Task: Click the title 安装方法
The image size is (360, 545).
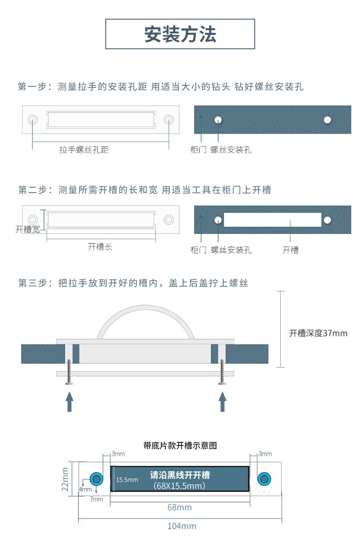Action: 180,34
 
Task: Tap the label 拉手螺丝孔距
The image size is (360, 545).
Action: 84,150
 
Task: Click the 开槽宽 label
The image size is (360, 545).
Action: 27,229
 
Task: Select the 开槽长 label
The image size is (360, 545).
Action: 100,247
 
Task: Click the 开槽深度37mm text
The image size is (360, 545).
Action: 318,333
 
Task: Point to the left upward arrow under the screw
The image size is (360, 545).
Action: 69,402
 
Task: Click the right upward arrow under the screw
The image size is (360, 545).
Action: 222,402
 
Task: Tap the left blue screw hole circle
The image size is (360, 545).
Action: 96,478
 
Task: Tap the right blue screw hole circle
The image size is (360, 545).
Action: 264,478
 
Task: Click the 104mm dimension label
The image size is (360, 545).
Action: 181,526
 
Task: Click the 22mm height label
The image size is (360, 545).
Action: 65,479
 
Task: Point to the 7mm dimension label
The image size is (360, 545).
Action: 96,499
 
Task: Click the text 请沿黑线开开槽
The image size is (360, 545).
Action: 180,475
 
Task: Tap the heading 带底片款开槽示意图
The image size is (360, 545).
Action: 180,445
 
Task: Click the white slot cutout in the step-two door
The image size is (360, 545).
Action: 272,219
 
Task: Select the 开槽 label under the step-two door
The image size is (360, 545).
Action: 290,250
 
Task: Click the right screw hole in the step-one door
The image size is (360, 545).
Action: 327,119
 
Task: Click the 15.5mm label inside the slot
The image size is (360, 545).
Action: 127,480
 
